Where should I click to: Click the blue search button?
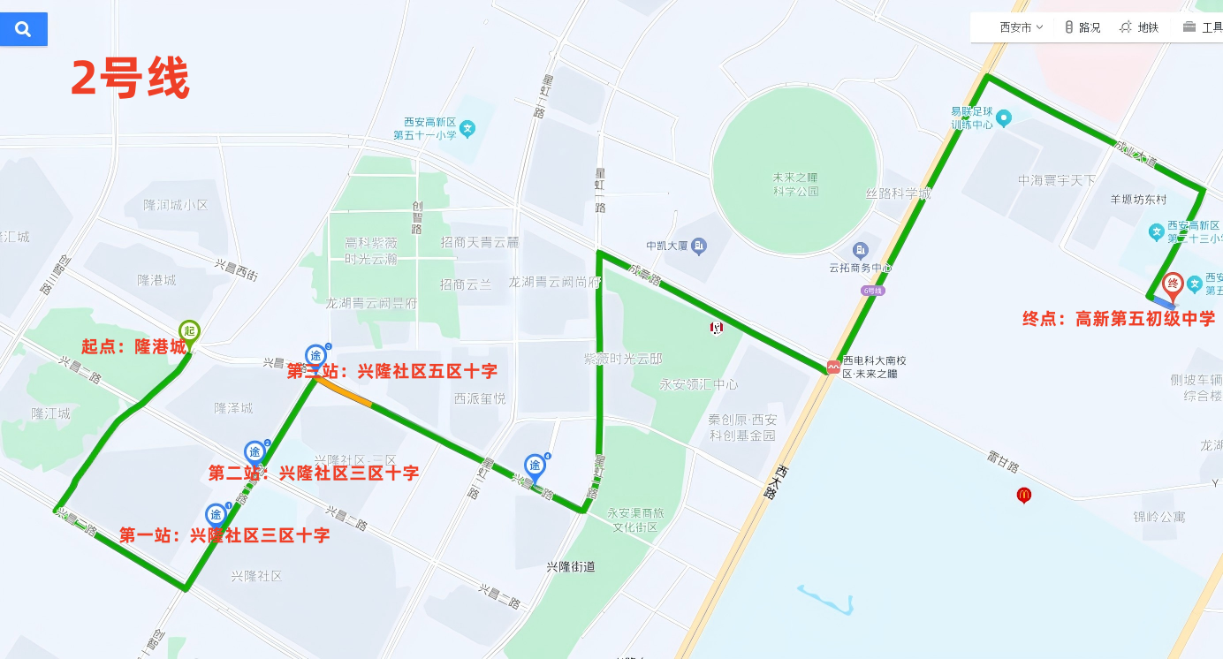[x=23, y=29]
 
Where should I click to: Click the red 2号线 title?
[x=130, y=80]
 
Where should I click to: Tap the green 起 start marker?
[x=189, y=331]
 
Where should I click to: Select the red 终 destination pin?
[x=1173, y=284]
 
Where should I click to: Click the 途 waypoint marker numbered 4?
[x=535, y=465]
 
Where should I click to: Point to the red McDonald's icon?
[x=1024, y=495]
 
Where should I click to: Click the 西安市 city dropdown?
[x=1021, y=27]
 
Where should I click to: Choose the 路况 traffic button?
[x=1082, y=27]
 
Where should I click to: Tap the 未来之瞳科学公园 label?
[x=795, y=184]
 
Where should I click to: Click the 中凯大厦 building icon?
[x=699, y=246]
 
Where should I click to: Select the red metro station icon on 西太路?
[x=833, y=367]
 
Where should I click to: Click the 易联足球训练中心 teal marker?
[x=1004, y=117]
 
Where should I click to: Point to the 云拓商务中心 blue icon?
[x=860, y=251]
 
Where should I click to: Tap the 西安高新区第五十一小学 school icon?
[x=467, y=129]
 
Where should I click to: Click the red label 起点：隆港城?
[x=134, y=347]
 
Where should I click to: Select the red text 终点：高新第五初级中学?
[x=1119, y=319]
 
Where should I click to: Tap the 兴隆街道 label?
[x=571, y=567]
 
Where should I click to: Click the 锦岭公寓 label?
[x=1159, y=517]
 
